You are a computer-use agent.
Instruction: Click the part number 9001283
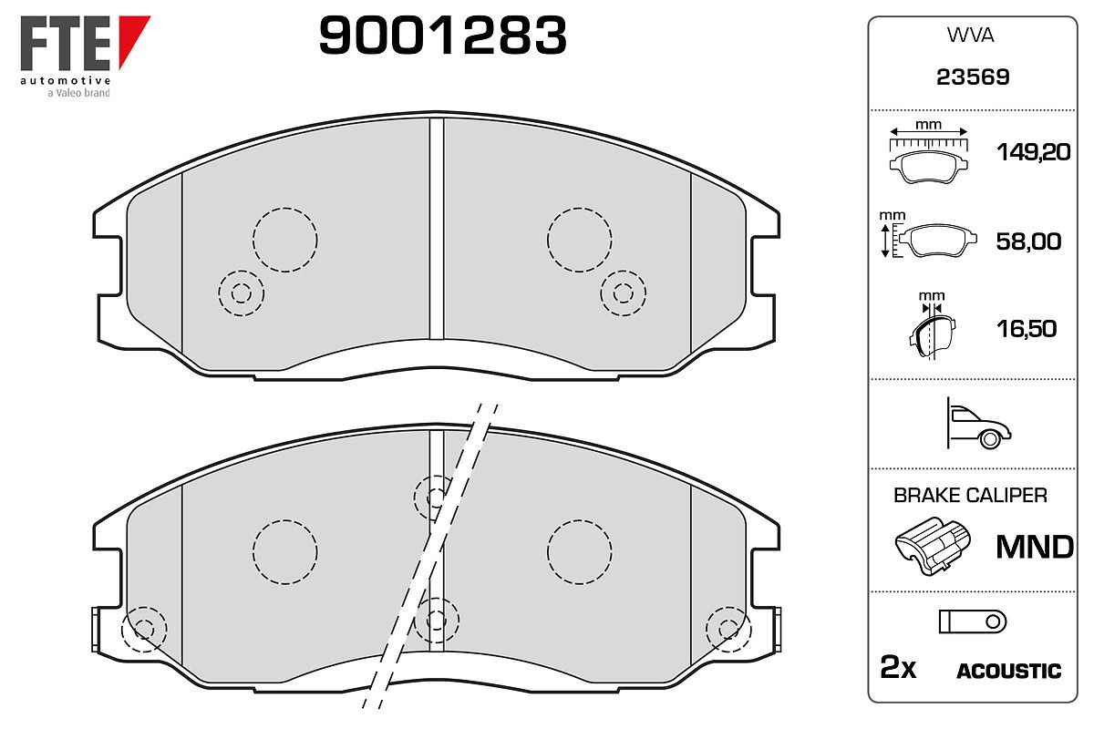(442, 35)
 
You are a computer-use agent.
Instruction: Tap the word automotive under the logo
(65, 80)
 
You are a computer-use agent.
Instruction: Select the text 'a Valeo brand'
(78, 93)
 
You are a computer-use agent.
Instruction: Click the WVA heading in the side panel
(970, 36)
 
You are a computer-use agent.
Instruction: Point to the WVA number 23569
(973, 77)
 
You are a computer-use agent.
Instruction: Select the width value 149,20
(1034, 152)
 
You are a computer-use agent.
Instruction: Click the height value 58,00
(1028, 241)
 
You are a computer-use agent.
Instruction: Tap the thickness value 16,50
(1027, 329)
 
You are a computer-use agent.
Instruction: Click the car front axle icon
(978, 424)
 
